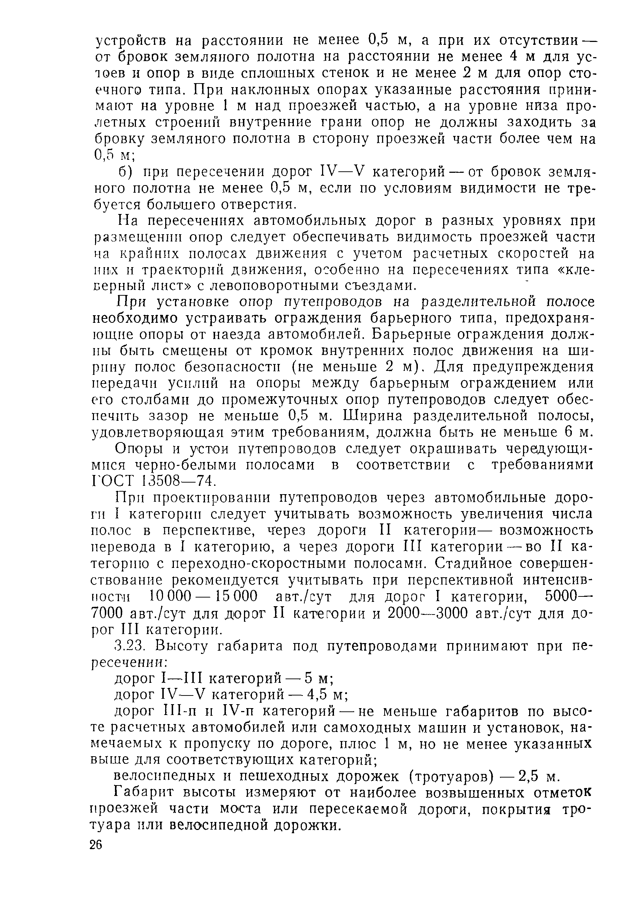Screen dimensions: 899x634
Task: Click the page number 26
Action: click(x=95, y=845)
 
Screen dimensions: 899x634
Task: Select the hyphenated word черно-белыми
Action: click(x=180, y=465)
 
